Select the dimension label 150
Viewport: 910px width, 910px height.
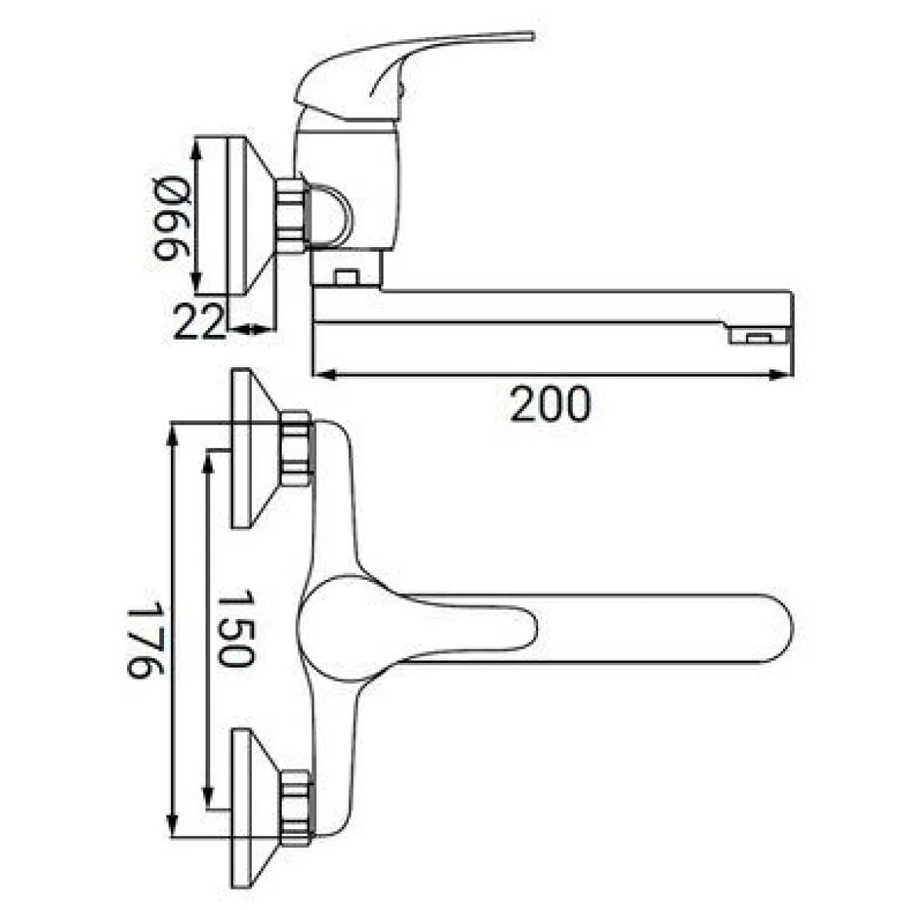click(235, 628)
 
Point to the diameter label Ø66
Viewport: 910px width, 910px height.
click(171, 217)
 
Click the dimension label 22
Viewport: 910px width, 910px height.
click(198, 322)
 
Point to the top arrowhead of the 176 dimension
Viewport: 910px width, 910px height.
click(172, 435)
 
